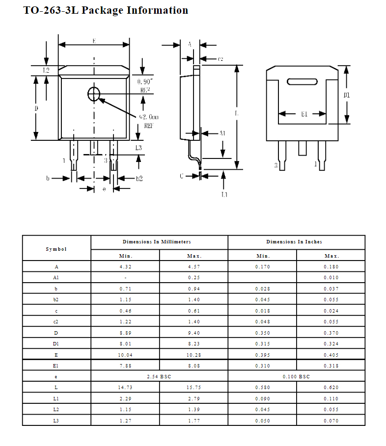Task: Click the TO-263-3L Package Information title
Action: [106, 10]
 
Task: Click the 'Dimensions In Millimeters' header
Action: [157, 242]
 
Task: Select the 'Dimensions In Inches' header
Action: [294, 242]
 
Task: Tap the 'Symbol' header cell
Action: [56, 249]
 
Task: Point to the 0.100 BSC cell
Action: [296, 376]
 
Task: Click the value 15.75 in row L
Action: [194, 388]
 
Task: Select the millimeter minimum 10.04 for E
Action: [125, 355]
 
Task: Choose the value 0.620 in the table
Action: [331, 388]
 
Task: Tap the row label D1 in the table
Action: [56, 343]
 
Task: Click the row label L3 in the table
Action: [56, 420]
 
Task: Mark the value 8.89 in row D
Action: [125, 333]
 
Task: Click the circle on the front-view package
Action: [94, 94]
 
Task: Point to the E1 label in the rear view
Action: [304, 114]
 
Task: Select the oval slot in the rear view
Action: [302, 81]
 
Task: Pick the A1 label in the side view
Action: [222, 133]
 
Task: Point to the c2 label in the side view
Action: [221, 59]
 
